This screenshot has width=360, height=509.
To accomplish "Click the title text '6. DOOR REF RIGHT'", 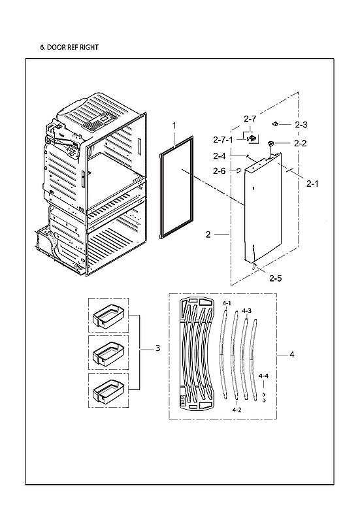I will (71, 48).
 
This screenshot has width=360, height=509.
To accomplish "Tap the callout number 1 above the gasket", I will (174, 125).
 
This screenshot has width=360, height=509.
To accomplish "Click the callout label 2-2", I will (300, 143).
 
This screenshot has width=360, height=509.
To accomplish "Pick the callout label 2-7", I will (250, 119).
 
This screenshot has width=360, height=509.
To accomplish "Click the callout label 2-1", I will (313, 184).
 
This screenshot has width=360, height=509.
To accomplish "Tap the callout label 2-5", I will (276, 279).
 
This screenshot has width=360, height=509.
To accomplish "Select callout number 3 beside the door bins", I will (157, 349).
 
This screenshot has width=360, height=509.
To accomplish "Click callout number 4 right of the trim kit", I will (292, 355).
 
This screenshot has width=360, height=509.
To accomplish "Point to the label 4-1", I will (227, 304).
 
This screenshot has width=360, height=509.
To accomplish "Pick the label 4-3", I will (246, 310).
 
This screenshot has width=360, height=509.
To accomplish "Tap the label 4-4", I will (263, 376).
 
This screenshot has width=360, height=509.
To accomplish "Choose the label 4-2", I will (237, 410).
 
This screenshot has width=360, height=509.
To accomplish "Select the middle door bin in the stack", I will (108, 353).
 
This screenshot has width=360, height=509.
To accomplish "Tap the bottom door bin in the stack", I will (108, 391).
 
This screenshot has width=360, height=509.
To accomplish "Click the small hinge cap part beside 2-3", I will (277, 123).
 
